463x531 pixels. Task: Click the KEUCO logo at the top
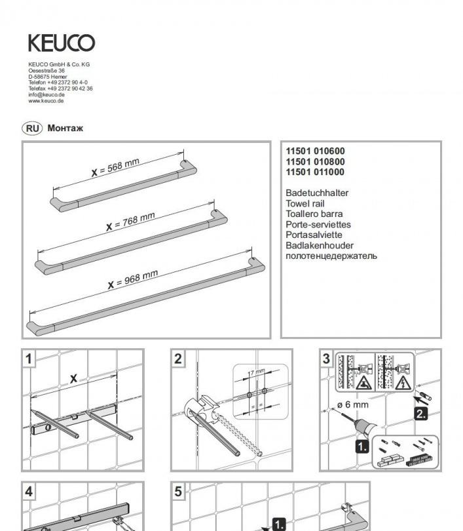(61, 43)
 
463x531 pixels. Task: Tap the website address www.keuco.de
(46, 100)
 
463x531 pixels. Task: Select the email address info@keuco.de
(46, 94)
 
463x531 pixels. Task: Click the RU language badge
(32, 128)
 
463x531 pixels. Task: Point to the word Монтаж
(65, 128)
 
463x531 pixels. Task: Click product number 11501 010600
(315, 151)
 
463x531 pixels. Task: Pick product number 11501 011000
(315, 172)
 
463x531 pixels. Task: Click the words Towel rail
(305, 203)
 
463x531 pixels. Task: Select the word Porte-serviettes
(318, 224)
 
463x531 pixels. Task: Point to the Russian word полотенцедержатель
(331, 255)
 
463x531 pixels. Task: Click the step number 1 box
(29, 358)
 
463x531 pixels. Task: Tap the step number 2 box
(179, 358)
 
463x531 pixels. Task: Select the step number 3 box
(326, 358)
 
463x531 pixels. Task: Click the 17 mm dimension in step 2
(256, 372)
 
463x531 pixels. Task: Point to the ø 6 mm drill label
(354, 404)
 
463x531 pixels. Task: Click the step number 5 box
(179, 490)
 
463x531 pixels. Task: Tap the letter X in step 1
(73, 378)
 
